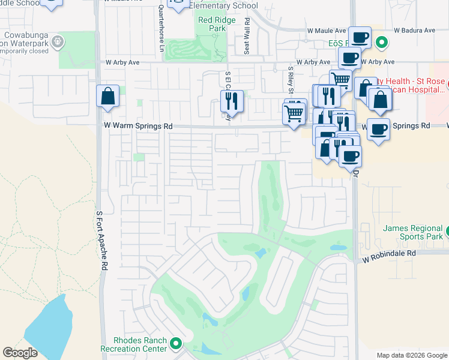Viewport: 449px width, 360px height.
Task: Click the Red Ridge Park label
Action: coord(213,24)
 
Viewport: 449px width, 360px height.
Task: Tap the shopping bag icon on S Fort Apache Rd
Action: coord(107,97)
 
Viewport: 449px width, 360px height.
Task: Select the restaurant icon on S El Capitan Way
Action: coord(232,101)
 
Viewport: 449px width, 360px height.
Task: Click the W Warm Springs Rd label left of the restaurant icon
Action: coord(138,127)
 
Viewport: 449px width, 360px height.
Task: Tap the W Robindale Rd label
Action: coord(389,254)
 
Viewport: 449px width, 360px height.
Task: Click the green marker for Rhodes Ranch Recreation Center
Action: coord(176,344)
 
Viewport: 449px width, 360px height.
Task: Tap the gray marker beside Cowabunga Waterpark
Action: coord(57,41)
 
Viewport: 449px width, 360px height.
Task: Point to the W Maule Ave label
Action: coord(324,31)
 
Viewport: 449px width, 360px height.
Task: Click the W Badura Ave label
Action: coord(414,30)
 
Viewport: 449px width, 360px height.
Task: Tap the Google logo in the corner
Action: coord(20,353)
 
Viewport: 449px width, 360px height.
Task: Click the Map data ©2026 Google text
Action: coord(411,355)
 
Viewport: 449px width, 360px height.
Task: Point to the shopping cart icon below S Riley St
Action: coord(294,113)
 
